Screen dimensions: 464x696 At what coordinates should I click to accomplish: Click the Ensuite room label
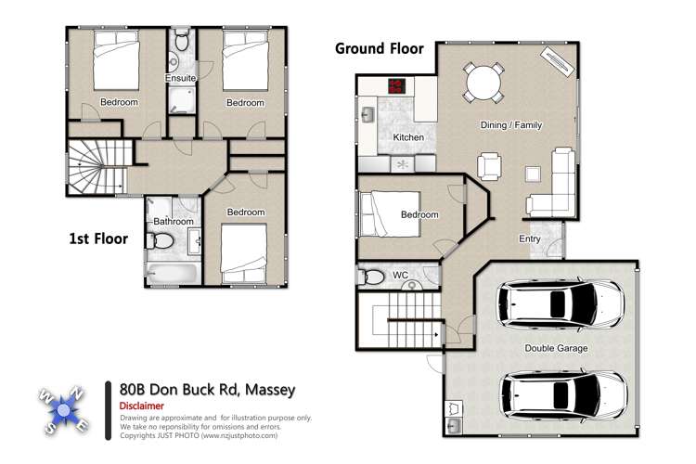pyautogui.click(x=180, y=78)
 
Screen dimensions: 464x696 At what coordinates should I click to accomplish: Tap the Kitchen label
pyautogui.click(x=408, y=137)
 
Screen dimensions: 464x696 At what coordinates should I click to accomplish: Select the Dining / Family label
pyautogui.click(x=510, y=125)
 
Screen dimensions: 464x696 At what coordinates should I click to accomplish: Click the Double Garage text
pyautogui.click(x=556, y=349)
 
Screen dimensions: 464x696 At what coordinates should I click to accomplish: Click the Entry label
pyautogui.click(x=529, y=238)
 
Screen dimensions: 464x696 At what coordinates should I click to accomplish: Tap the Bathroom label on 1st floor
pyautogui.click(x=174, y=222)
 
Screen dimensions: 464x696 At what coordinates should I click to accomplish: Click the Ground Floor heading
pyautogui.click(x=379, y=48)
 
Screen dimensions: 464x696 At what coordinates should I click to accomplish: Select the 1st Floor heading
pyautogui.click(x=98, y=238)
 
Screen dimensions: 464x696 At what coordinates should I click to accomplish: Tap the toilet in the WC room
pyautogui.click(x=373, y=277)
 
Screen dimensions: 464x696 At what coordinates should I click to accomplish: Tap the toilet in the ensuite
pyautogui.click(x=182, y=43)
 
